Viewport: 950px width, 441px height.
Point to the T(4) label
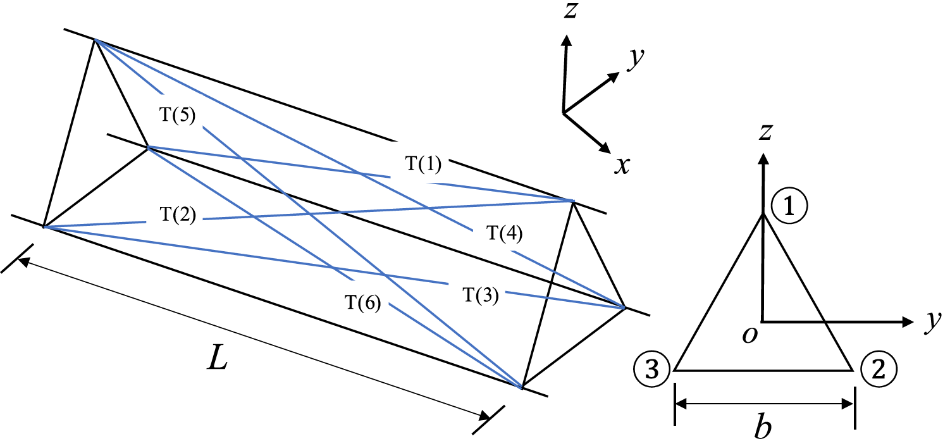503,233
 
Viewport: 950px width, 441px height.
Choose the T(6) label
362,304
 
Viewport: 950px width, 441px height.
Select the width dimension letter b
764,428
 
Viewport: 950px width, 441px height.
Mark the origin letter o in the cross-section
751,334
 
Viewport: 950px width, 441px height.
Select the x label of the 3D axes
622,165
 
